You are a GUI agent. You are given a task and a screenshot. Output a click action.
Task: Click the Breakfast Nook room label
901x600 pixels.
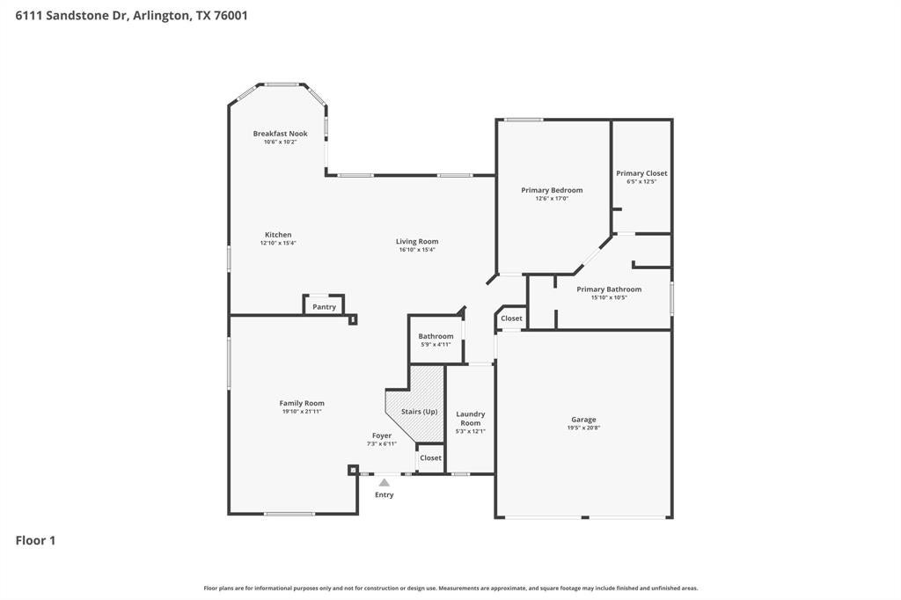tap(281, 134)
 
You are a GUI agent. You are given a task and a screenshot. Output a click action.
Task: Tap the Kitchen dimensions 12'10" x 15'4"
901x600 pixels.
tap(278, 243)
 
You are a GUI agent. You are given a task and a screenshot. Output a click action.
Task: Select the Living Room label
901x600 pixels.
tap(417, 242)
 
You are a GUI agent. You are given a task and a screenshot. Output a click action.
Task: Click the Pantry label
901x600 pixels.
tap(324, 307)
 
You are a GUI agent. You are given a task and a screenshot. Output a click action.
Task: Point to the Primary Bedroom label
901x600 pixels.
tap(552, 190)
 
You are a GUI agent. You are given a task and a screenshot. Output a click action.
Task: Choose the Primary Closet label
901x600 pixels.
tap(641, 173)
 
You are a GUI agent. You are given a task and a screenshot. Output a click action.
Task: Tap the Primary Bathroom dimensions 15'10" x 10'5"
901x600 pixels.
tap(609, 297)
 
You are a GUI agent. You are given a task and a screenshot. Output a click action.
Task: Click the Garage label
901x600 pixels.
tap(583, 420)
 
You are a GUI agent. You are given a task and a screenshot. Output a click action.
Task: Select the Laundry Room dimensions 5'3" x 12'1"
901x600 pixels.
tap(471, 431)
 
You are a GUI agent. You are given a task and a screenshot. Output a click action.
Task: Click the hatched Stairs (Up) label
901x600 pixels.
tap(420, 412)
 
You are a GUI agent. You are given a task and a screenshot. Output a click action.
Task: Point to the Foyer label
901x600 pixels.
tap(382, 435)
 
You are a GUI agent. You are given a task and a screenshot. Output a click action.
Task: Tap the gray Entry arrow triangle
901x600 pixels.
tap(385, 483)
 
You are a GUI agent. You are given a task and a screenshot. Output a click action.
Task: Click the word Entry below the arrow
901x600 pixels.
tap(385, 494)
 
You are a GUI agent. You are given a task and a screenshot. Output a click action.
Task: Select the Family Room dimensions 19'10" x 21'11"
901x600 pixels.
tap(302, 412)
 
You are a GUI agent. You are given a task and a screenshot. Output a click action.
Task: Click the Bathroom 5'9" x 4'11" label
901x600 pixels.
tap(436, 340)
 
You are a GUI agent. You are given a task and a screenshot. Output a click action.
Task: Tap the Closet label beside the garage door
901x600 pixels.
tap(511, 318)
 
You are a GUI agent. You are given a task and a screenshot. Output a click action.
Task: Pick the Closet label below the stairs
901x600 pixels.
tap(430, 458)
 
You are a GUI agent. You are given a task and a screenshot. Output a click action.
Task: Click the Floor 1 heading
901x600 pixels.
tap(35, 540)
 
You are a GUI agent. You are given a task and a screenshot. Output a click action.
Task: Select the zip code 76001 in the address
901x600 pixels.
tap(231, 16)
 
